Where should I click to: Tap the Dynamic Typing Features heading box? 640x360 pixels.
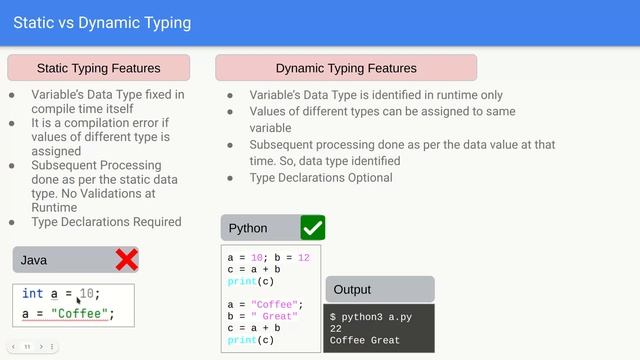tap(346, 68)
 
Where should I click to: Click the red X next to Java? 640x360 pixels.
tap(126, 260)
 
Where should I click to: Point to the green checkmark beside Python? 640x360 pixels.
tap(312, 228)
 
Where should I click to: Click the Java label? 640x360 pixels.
tap(34, 260)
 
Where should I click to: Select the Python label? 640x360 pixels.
tap(248, 228)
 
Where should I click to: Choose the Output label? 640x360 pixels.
tap(352, 289)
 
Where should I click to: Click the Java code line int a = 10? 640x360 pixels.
tap(61, 294)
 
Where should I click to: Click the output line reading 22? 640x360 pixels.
tap(336, 328)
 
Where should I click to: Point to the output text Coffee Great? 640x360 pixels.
tap(364, 340)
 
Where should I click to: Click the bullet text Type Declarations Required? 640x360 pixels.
tap(106, 222)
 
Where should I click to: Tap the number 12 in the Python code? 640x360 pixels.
tap(304, 257)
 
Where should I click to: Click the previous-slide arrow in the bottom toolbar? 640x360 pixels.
tap(14, 347)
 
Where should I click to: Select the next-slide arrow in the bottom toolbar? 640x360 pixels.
tap(40, 347)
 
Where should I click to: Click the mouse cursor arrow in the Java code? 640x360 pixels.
tap(79, 298)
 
